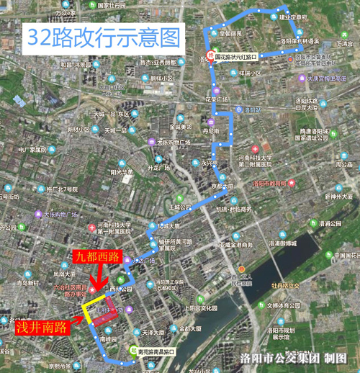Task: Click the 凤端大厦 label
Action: tap(64, 274)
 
